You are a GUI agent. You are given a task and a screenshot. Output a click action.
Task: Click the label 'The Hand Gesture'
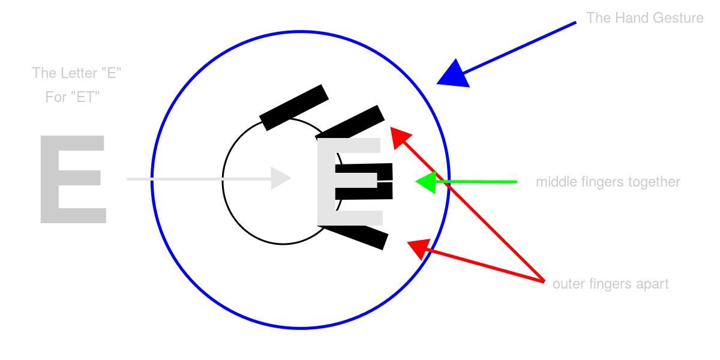[x=644, y=18]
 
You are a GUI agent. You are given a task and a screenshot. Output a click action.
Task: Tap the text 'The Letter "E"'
[x=77, y=73]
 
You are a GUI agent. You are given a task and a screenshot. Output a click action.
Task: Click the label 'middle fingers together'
[x=608, y=182]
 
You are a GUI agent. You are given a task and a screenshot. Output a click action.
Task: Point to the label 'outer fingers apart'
[x=610, y=284]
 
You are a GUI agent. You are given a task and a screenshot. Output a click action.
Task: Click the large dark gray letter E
[x=73, y=179]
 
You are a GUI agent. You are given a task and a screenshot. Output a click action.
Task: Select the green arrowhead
[x=427, y=182]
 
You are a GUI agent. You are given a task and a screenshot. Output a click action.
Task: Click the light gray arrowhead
[x=280, y=178]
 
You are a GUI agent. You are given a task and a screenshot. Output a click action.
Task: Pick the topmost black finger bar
[x=293, y=107]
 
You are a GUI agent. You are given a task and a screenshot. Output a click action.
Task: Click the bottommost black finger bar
[x=360, y=235]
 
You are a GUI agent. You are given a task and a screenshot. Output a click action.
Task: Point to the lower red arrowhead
[x=419, y=248]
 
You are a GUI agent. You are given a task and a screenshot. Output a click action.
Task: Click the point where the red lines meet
[x=543, y=281]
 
